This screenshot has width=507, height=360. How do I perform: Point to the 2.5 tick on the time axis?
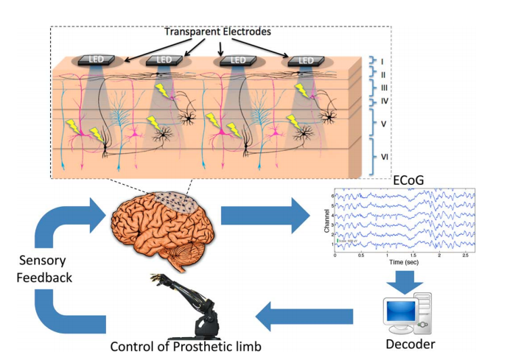pos(461,255)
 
